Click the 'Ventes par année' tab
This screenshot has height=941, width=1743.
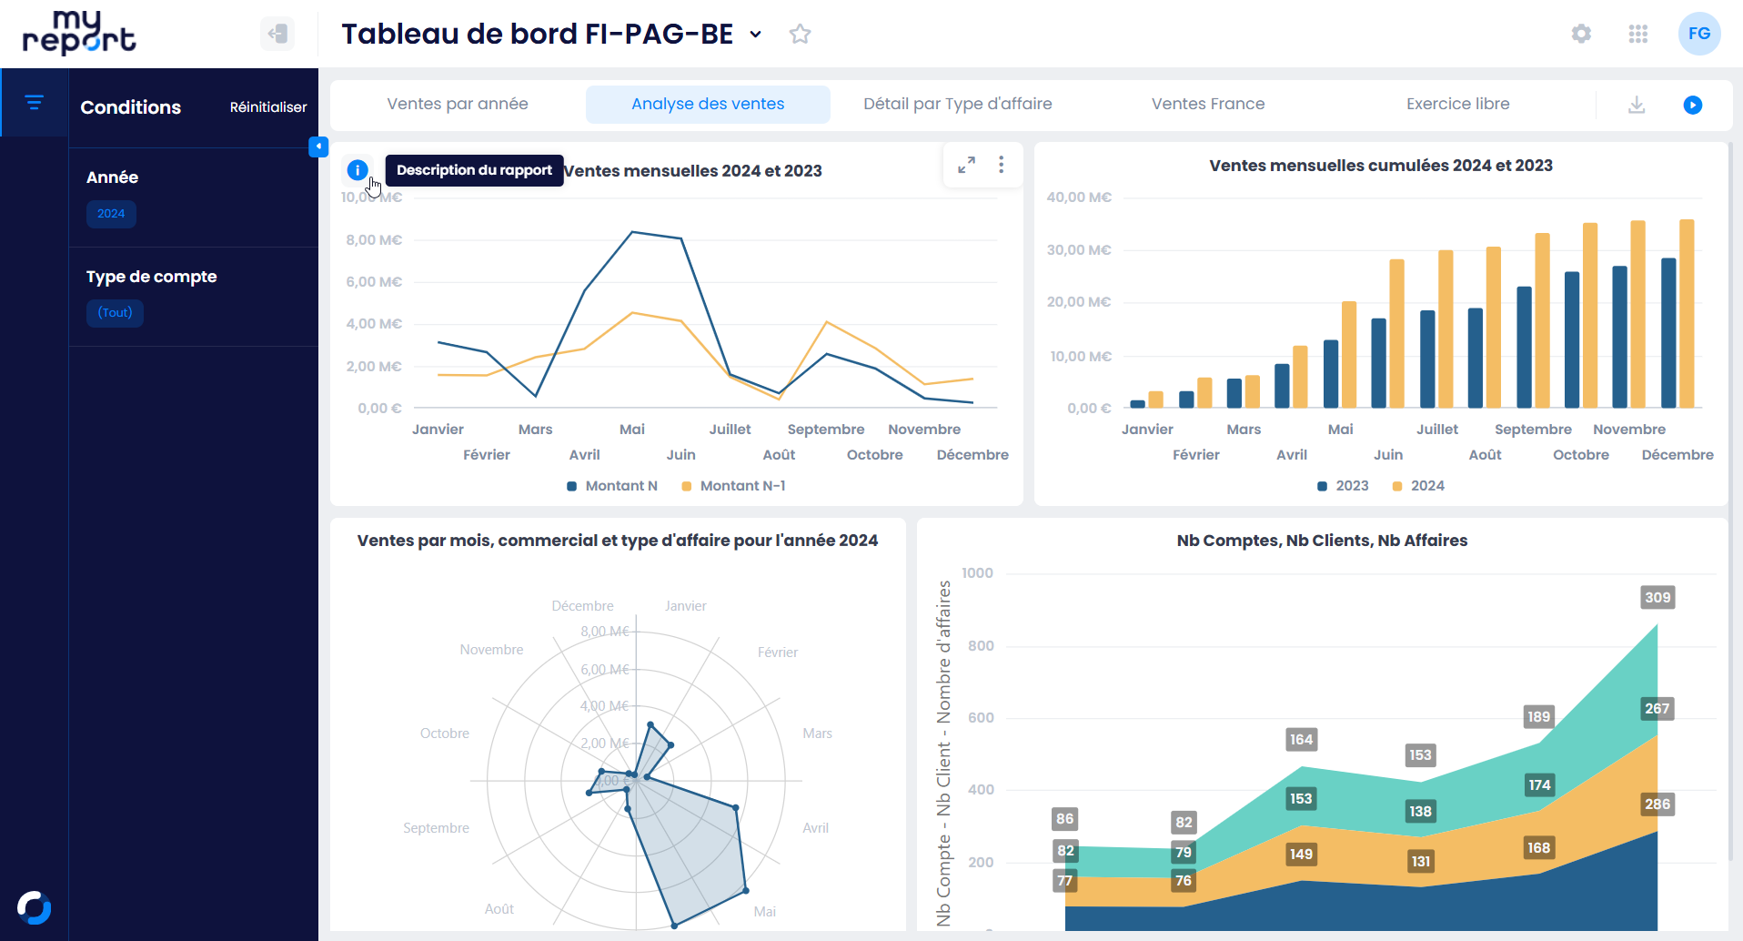(x=457, y=104)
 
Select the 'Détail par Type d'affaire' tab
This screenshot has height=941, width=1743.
(x=957, y=104)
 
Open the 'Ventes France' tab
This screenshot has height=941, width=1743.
(x=1207, y=104)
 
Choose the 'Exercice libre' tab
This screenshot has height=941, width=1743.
(x=1457, y=104)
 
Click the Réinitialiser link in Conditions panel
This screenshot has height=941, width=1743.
(x=267, y=107)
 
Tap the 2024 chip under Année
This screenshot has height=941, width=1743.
(x=111, y=214)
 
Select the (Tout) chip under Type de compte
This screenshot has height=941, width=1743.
(x=115, y=313)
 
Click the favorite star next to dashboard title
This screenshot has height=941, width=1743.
(x=800, y=35)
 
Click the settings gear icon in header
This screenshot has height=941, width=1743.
(x=1581, y=34)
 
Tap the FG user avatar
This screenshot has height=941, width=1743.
(x=1698, y=34)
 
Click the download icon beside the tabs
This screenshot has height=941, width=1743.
(x=1637, y=105)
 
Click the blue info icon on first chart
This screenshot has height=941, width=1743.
(x=358, y=170)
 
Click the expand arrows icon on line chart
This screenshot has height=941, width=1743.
(x=966, y=165)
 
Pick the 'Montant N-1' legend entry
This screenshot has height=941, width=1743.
(x=733, y=486)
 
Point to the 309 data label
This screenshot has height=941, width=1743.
(x=1657, y=598)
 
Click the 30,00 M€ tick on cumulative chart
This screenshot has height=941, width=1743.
(x=1078, y=250)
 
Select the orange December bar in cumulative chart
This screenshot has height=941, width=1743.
(x=1686, y=313)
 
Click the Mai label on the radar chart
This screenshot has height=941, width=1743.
(x=764, y=912)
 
